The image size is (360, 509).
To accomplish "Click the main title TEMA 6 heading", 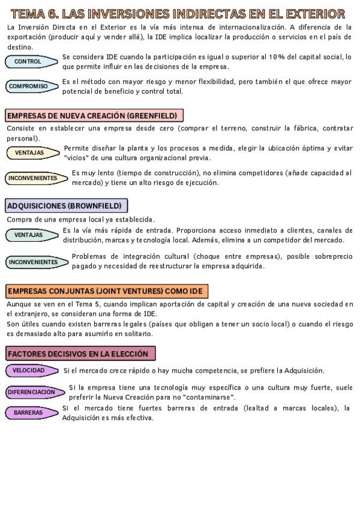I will click(178, 13).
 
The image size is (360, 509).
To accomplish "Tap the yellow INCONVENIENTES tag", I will click(34, 178).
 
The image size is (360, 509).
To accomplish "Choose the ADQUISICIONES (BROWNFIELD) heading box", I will click(67, 206).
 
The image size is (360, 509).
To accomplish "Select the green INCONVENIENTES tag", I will click(34, 262).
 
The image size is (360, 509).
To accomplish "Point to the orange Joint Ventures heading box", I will click(106, 291).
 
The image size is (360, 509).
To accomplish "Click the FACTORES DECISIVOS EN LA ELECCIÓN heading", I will click(81, 354).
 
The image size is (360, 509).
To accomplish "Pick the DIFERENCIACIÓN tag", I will click(32, 392).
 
